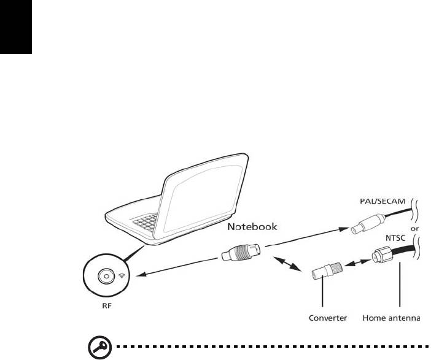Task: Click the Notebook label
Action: (252, 226)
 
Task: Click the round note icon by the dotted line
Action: (97, 348)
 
